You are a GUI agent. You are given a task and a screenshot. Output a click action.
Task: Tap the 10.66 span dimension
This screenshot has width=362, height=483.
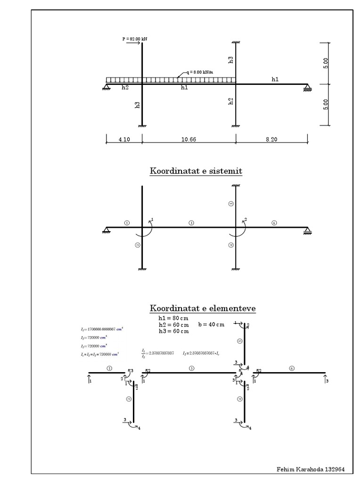(x=188, y=140)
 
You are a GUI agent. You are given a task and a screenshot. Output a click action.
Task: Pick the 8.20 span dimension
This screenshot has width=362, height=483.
(x=272, y=140)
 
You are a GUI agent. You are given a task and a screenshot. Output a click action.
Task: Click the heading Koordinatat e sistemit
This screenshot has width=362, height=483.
(x=196, y=171)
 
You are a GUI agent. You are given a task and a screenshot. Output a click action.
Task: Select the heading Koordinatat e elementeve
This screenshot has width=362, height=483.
(x=203, y=308)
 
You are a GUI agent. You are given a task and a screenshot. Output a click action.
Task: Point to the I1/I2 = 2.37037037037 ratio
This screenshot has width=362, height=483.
(x=157, y=352)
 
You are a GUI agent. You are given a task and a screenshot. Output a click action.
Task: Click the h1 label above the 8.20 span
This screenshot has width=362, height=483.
(x=275, y=80)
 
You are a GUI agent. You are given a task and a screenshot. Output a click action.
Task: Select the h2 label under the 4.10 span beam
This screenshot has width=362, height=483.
(x=125, y=88)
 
